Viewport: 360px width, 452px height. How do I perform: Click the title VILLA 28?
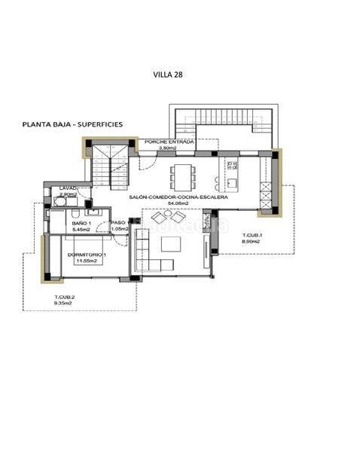point(168,75)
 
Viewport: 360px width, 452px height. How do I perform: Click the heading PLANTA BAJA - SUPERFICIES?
point(72,124)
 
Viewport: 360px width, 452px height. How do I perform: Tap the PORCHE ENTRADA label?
point(169,142)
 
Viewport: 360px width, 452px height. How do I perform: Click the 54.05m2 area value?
point(177,203)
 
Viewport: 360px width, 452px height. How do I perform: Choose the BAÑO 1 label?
point(81,223)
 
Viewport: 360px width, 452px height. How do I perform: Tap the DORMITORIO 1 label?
point(87,255)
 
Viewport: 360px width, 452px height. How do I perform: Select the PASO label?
point(117,223)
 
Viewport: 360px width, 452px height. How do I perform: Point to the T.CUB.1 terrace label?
point(251,236)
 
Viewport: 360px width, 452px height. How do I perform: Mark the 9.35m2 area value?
point(64,304)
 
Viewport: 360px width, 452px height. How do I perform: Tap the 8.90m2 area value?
point(252,243)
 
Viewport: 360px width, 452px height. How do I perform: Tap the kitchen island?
point(230,174)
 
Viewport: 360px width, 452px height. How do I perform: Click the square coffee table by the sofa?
point(171,244)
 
